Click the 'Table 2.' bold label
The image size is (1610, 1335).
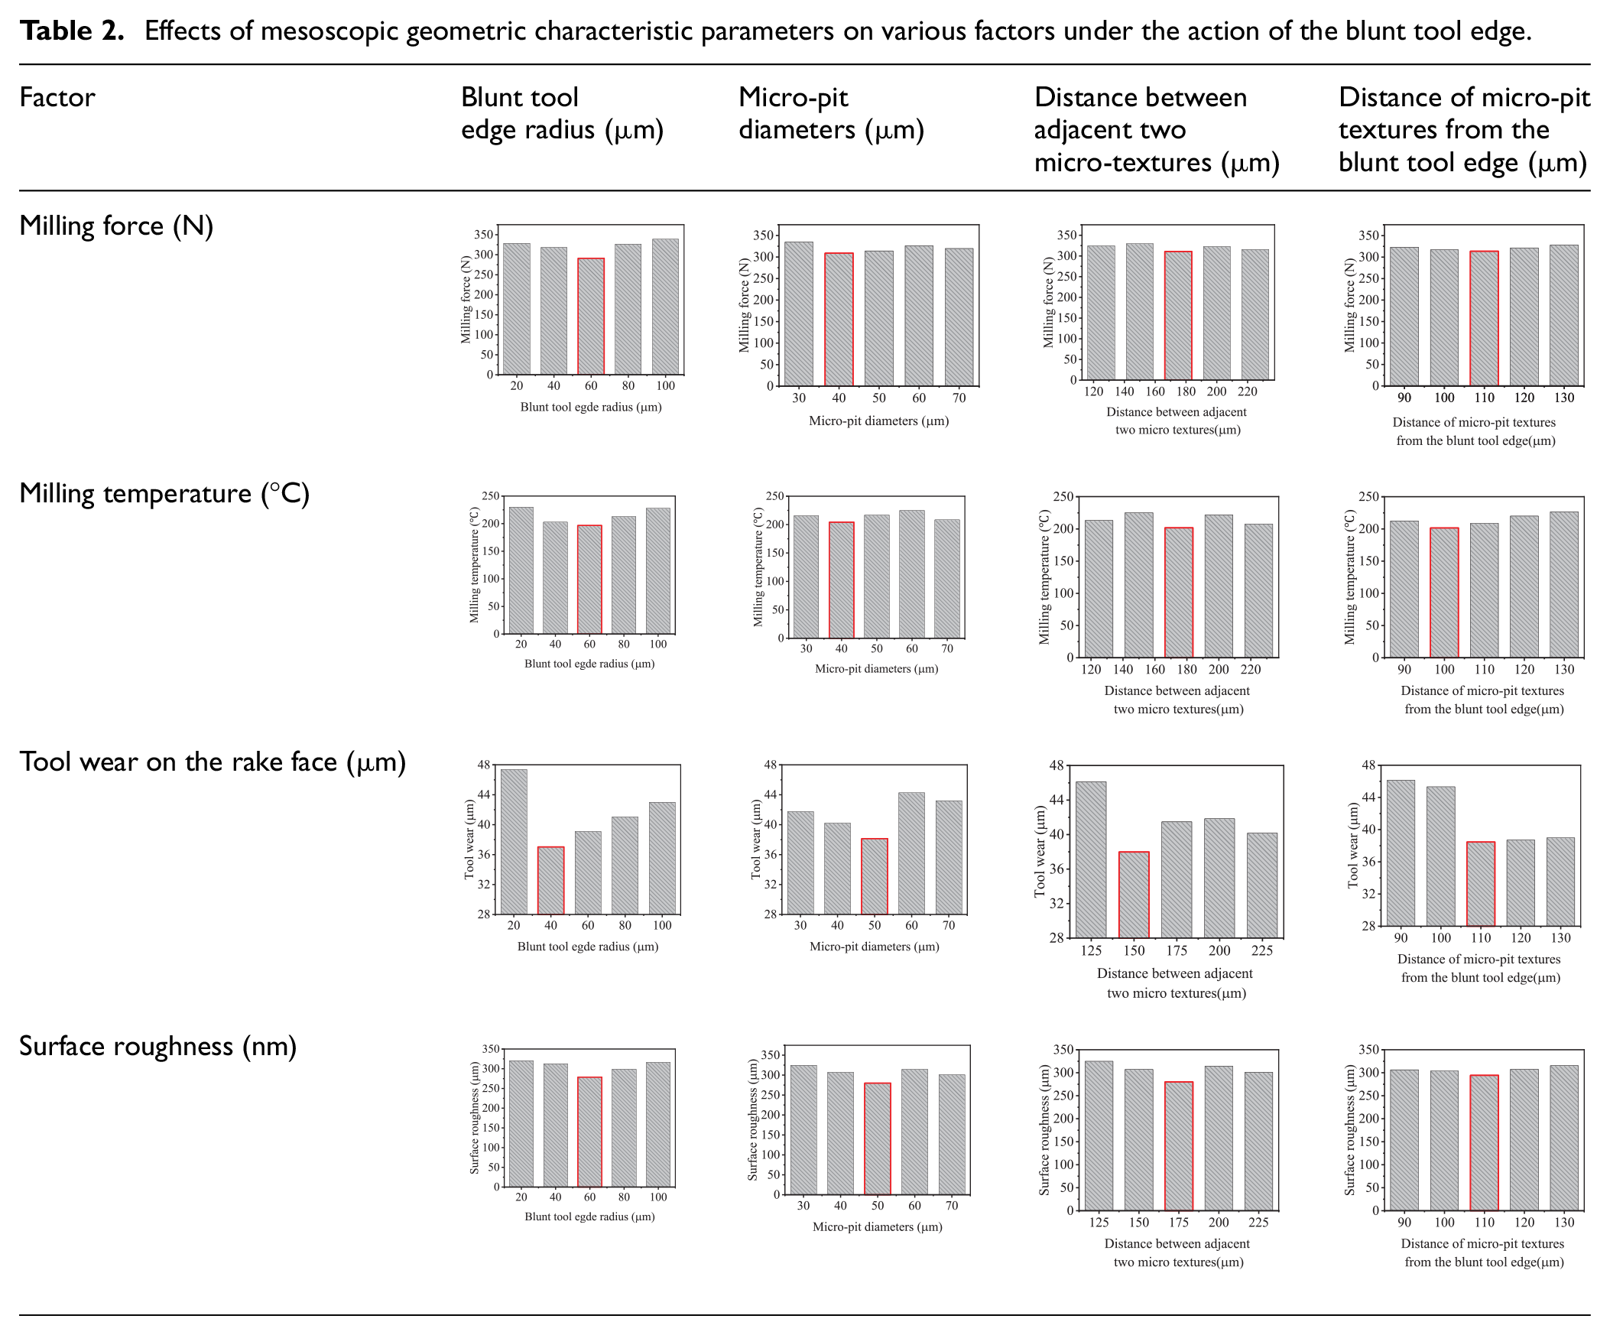click(x=71, y=31)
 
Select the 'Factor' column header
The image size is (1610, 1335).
click(x=57, y=97)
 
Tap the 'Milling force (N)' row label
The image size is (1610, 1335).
click(x=116, y=226)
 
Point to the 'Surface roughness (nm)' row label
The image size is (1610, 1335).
click(x=158, y=1046)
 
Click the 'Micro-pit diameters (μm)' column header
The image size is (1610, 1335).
click(x=831, y=113)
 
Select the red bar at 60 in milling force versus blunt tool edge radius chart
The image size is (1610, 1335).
click(x=591, y=316)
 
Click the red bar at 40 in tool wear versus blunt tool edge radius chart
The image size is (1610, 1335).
click(x=550, y=880)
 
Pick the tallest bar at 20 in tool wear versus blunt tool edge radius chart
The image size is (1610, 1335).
click(x=514, y=841)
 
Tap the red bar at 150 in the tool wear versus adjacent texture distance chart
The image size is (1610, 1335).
click(x=1134, y=894)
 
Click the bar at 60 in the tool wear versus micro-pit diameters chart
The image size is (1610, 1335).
click(x=911, y=853)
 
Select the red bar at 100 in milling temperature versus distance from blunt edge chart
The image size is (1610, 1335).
click(x=1444, y=592)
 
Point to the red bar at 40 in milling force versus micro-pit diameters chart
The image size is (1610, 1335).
click(x=839, y=319)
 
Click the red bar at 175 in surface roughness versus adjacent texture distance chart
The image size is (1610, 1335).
click(x=1178, y=1145)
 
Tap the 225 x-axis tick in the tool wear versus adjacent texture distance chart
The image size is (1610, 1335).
click(x=1262, y=951)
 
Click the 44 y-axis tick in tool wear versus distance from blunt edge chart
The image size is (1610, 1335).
click(x=1368, y=797)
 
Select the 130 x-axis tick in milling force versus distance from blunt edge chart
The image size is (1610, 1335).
click(x=1564, y=397)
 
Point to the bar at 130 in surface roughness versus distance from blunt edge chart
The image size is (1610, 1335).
click(x=1564, y=1138)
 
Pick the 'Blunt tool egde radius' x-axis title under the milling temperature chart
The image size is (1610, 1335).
click(x=589, y=663)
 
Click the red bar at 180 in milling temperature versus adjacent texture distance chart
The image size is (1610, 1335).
click(x=1178, y=592)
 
